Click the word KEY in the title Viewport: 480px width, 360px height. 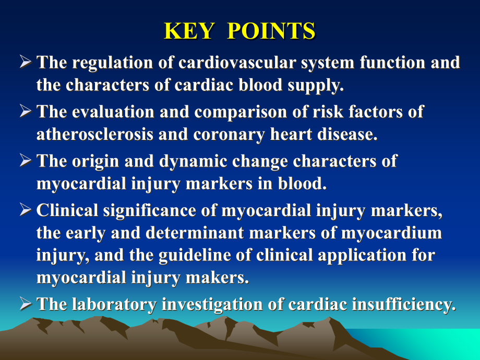pyautogui.click(x=189, y=31)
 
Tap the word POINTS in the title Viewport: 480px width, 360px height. pyautogui.click(x=271, y=31)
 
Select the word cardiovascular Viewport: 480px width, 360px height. pyautogui.click(x=237, y=62)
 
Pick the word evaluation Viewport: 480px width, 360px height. pyautogui.click(x=113, y=112)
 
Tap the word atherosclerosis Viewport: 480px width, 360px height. pyautogui.click(x=95, y=134)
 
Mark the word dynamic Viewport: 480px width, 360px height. pyautogui.click(x=193, y=162)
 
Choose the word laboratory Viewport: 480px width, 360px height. pyautogui.click(x=114, y=305)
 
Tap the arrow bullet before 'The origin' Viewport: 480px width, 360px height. pyautogui.click(x=26, y=160)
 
